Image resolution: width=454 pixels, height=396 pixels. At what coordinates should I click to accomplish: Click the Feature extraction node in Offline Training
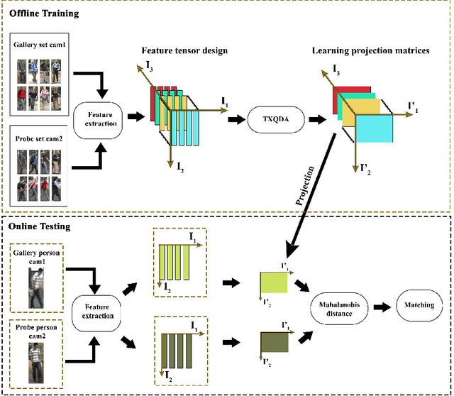101,118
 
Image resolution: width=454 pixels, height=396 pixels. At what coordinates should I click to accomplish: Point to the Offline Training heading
44,13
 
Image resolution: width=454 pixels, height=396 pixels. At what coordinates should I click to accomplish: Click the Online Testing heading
41,226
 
